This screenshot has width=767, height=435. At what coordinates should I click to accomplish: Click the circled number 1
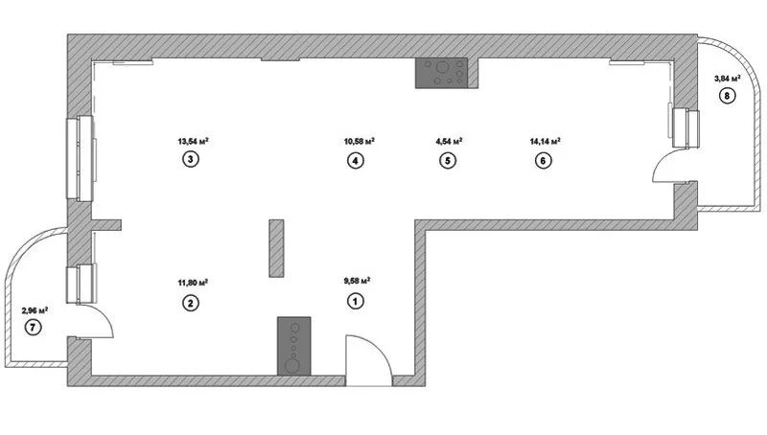pyautogui.click(x=356, y=302)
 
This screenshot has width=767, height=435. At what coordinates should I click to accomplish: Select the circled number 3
pyautogui.click(x=192, y=160)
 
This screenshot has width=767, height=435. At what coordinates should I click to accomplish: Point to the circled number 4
pyautogui.click(x=356, y=161)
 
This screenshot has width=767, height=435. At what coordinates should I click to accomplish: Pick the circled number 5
pyautogui.click(x=448, y=161)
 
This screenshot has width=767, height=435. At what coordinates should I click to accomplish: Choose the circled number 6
pyautogui.click(x=543, y=161)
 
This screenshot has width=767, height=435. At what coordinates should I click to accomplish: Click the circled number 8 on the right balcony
pyautogui.click(x=728, y=96)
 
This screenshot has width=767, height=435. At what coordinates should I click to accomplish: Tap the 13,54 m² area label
pyautogui.click(x=193, y=141)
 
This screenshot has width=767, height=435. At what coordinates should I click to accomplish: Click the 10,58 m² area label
pyautogui.click(x=358, y=141)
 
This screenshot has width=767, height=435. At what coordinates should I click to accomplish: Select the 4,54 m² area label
pyautogui.click(x=449, y=141)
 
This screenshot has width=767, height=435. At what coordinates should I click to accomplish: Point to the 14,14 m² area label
pyautogui.click(x=544, y=141)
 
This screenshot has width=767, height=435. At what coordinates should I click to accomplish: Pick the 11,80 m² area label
pyautogui.click(x=193, y=283)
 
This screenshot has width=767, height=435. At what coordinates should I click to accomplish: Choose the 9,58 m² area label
pyautogui.click(x=357, y=282)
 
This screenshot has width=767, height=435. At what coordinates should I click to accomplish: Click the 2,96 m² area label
pyautogui.click(x=35, y=310)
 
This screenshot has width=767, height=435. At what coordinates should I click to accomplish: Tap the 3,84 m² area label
pyautogui.click(x=727, y=78)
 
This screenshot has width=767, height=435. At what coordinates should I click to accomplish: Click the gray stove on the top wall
pyautogui.click(x=442, y=74)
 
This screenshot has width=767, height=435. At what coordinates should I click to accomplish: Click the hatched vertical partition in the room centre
pyautogui.click(x=276, y=249)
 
